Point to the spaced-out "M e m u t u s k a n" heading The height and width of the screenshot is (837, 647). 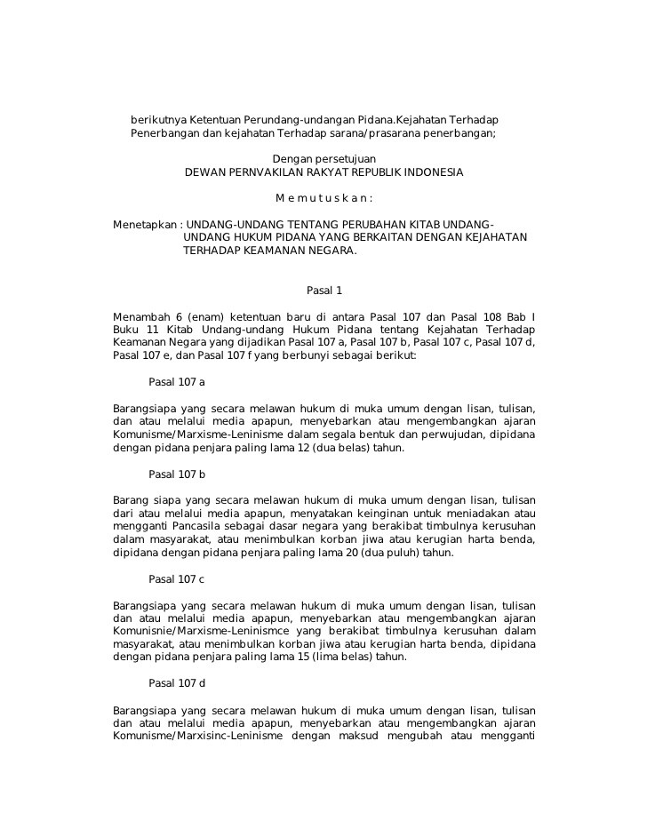tap(323, 197)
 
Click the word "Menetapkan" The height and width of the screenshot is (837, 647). tap(144, 223)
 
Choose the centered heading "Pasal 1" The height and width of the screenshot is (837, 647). tap(323, 291)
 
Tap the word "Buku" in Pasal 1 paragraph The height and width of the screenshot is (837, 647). tap(129, 330)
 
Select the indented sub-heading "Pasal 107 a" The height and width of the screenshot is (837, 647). tap(177, 382)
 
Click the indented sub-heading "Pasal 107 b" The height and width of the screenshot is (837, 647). tap(177, 474)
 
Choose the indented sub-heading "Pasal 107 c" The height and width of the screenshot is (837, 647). tap(177, 579)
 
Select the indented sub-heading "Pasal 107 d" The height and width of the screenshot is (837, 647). tap(177, 683)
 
